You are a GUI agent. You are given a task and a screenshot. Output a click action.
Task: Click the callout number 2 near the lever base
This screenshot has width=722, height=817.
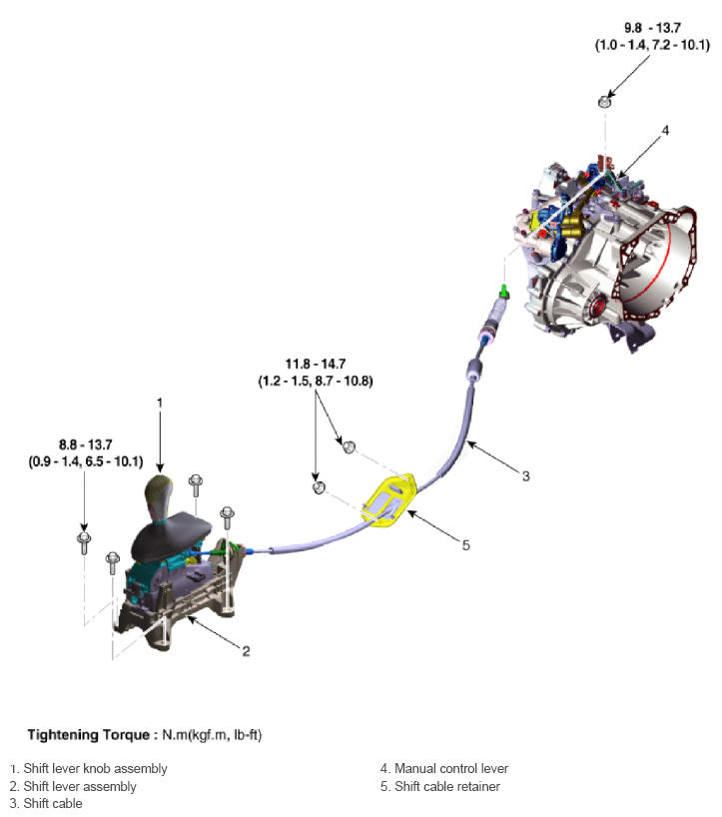pos(245,651)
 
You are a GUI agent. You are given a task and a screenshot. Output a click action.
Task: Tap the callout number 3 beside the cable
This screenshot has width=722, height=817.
pos(525,475)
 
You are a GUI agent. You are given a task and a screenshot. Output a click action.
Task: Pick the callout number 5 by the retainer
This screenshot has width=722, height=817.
pos(464,545)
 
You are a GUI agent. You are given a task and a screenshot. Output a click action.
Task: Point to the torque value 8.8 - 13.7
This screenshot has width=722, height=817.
pos(85,446)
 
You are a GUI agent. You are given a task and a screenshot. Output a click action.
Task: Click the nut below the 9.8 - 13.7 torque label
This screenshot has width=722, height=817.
pos(605,101)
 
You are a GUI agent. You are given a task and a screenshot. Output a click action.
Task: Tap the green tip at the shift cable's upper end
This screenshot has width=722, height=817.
pos(505,292)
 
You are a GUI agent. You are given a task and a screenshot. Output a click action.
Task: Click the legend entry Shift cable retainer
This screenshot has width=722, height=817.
pos(446,786)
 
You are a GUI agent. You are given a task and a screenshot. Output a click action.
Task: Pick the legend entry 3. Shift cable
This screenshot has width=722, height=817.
pos(46,803)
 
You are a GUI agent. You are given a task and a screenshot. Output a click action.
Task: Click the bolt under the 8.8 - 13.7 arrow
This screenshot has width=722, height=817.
pos(84,542)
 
